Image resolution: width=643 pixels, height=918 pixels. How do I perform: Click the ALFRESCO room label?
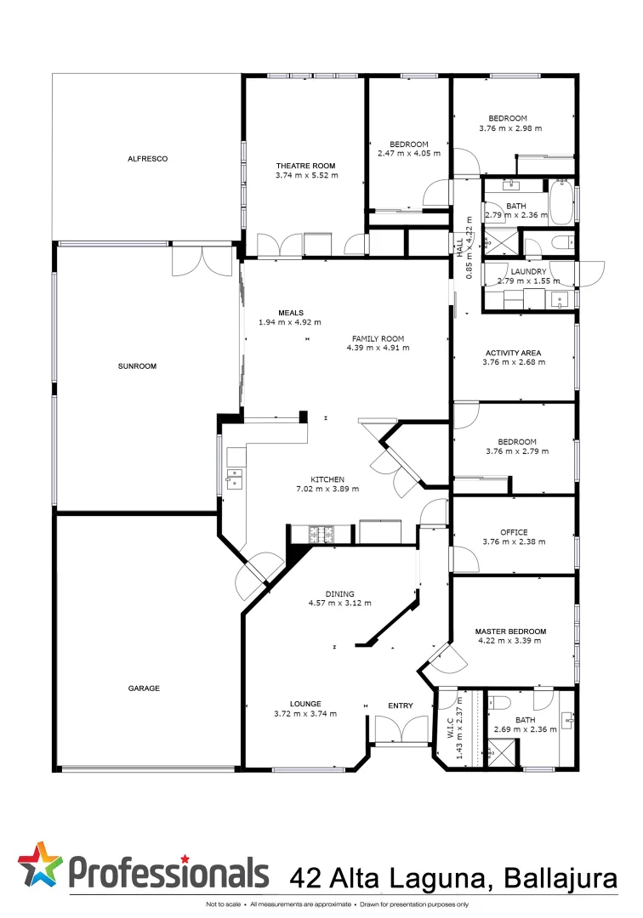(147, 159)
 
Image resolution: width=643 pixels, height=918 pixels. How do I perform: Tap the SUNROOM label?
(137, 366)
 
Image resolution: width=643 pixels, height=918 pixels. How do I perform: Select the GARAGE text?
(144, 688)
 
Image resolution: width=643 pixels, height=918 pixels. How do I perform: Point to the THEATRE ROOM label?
(305, 166)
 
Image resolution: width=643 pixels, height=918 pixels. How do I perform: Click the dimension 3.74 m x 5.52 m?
(306, 176)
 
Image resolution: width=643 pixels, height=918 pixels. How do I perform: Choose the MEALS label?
(290, 313)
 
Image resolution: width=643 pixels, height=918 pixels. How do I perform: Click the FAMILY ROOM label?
(378, 337)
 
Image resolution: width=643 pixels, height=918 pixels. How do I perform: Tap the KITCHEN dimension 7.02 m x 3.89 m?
(327, 489)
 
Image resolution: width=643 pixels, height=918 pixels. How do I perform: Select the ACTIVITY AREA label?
(513, 353)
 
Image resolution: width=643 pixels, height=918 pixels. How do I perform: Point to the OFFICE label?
(514, 532)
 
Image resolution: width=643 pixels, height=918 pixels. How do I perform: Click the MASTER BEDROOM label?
(510, 632)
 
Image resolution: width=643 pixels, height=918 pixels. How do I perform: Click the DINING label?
(339, 594)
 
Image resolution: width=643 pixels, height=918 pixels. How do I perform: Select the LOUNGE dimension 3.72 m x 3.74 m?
(304, 713)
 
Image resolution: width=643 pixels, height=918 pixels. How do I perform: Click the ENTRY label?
(401, 705)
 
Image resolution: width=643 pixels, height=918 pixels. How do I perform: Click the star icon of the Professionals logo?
(40, 865)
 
